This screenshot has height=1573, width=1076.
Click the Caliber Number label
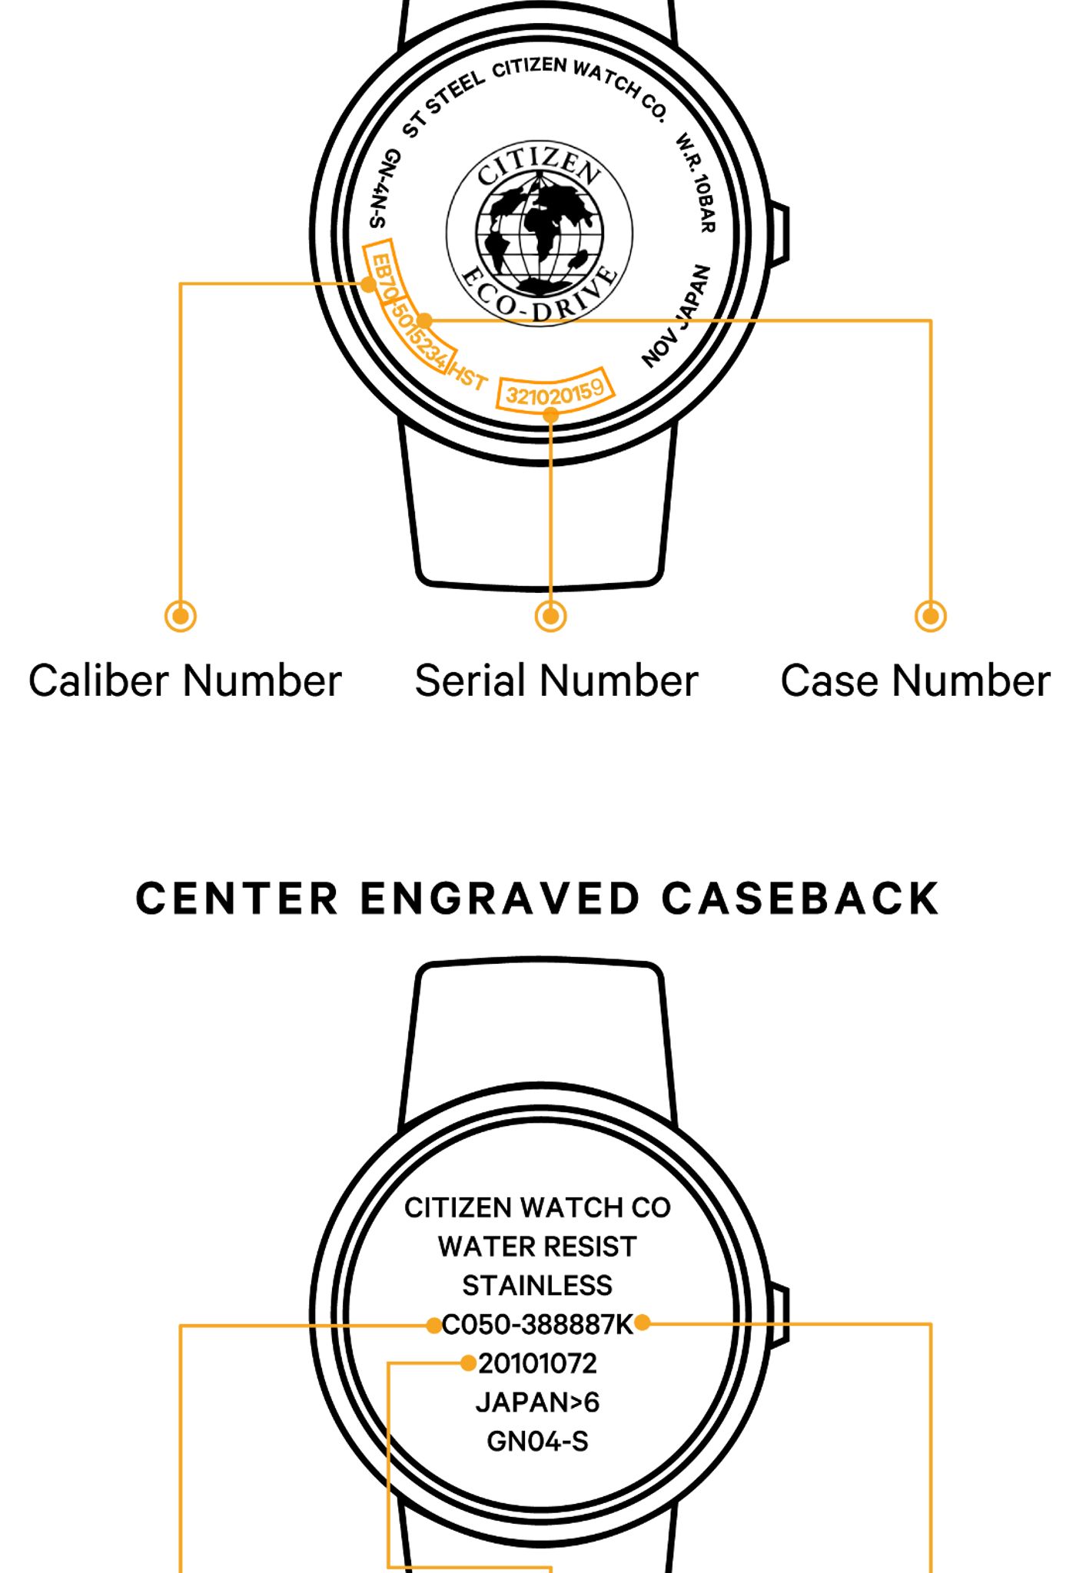click(184, 681)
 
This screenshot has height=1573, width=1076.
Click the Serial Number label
click(556, 681)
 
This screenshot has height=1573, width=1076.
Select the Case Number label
click(915, 681)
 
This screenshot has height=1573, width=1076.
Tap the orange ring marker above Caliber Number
click(181, 616)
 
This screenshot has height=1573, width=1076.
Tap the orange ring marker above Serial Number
click(551, 616)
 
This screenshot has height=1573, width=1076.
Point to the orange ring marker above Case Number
click(931, 616)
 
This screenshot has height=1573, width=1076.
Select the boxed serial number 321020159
click(555, 394)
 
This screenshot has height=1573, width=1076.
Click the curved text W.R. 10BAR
click(696, 183)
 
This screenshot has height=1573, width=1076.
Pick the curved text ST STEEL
click(443, 104)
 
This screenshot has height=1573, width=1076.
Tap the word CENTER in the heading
click(237, 899)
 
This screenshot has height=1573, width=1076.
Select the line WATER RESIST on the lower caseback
click(537, 1246)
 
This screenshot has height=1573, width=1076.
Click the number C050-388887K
click(537, 1324)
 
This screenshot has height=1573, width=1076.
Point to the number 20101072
click(537, 1363)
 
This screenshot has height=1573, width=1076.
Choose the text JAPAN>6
click(537, 1402)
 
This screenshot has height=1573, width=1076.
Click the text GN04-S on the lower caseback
click(537, 1442)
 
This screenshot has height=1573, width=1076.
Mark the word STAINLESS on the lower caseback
click(537, 1285)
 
